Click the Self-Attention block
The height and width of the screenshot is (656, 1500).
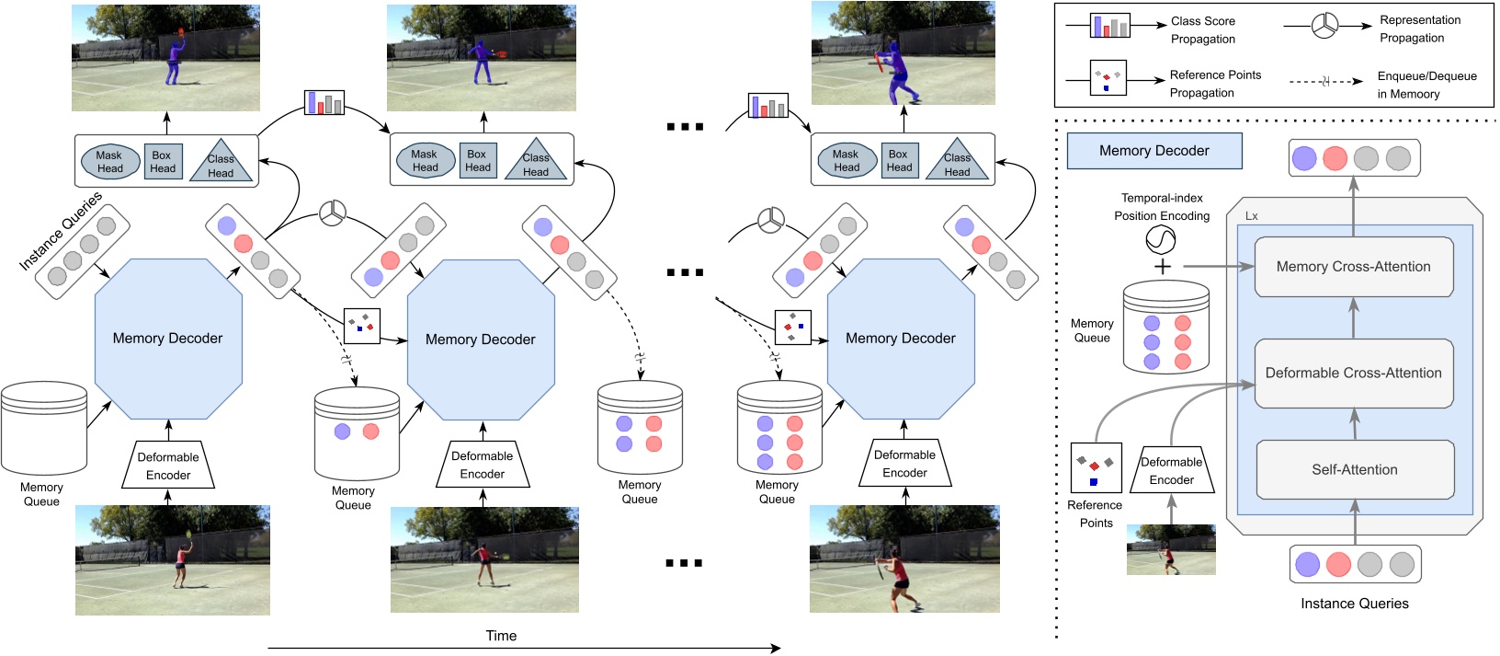(1354, 469)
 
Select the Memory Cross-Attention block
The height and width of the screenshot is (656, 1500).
(1353, 267)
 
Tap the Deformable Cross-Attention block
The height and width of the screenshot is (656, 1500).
(1353, 373)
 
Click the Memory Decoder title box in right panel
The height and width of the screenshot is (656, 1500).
(1153, 151)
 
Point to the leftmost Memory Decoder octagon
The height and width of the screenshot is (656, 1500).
(168, 338)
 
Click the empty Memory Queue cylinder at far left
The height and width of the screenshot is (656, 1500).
(43, 429)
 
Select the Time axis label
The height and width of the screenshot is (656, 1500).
(501, 636)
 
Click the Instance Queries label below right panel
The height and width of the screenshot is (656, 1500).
(1354, 604)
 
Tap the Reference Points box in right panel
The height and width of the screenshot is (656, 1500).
(1096, 467)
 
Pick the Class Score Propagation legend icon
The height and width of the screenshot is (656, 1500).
(1109, 26)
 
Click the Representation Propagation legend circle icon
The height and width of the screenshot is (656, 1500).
(1324, 26)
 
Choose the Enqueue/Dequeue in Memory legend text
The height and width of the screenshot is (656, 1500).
(1426, 85)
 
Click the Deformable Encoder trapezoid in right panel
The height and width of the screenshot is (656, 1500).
(1171, 470)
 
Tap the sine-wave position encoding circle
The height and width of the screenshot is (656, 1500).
(1161, 241)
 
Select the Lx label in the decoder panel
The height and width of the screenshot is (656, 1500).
(1251, 216)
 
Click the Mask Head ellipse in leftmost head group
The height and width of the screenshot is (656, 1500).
(109, 162)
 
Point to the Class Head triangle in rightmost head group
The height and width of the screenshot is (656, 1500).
(957, 161)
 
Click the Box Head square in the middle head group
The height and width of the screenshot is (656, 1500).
(477, 160)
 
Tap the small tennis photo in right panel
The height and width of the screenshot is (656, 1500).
(1171, 549)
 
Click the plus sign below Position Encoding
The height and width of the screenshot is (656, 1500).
(1162, 267)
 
